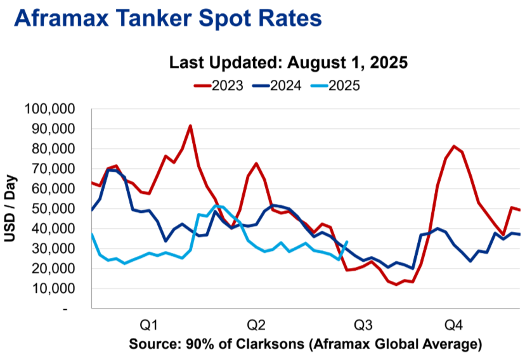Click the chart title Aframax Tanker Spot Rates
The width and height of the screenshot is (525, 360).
coord(168,18)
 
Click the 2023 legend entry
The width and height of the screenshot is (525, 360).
coord(218,86)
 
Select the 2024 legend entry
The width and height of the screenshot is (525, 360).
coord(277,86)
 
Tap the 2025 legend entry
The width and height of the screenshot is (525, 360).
coord(335,86)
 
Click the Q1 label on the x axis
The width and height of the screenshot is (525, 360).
coord(148,325)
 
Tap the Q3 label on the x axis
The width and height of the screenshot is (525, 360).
coord(363,325)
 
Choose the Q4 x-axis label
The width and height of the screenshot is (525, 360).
coord(453,325)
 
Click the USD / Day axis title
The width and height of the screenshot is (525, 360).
coord(10,208)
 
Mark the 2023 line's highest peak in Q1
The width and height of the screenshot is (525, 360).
coord(190,125)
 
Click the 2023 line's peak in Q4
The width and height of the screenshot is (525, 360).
coord(454,146)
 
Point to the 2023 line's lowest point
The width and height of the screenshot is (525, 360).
coord(396,285)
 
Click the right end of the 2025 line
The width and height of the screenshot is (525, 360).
coord(347,241)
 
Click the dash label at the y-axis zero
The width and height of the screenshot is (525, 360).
coord(65,309)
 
